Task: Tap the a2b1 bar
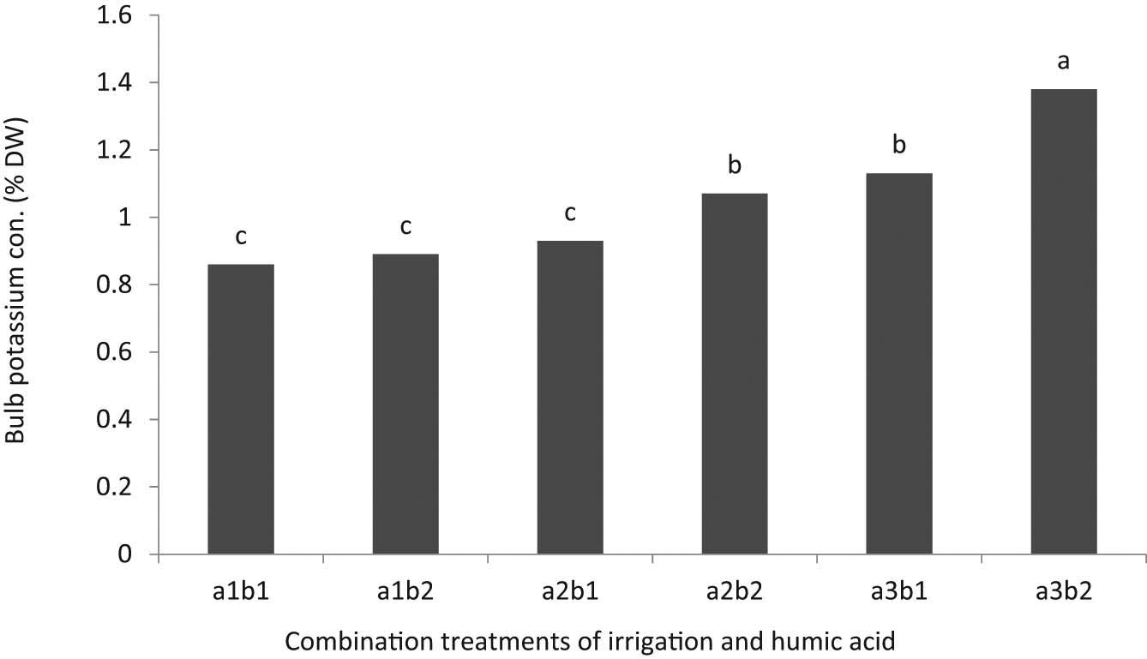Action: point(570,398)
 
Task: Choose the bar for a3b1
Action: point(899,364)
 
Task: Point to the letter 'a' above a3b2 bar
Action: point(1064,62)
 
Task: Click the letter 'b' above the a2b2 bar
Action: point(735,164)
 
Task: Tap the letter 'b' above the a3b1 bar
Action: point(899,144)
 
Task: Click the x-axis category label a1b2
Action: point(405,591)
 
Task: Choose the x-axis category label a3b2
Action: point(1064,591)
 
